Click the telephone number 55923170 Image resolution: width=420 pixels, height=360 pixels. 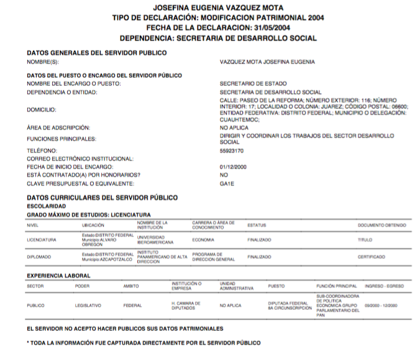click(x=232, y=151)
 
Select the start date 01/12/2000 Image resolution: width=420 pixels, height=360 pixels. click(x=234, y=167)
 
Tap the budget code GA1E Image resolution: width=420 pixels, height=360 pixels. click(x=226, y=184)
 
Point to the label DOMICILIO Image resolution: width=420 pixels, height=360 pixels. click(x=41, y=110)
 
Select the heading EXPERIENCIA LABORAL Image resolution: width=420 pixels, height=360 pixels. click(x=58, y=276)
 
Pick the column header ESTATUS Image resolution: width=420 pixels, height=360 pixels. click(x=257, y=225)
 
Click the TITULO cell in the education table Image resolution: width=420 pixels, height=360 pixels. click(x=365, y=240)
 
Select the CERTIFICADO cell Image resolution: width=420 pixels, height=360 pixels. click(x=371, y=256)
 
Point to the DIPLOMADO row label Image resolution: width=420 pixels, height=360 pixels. click(x=39, y=256)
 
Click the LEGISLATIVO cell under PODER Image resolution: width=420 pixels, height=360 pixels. click(x=88, y=305)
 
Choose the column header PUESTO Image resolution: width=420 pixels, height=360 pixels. click(x=276, y=286)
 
